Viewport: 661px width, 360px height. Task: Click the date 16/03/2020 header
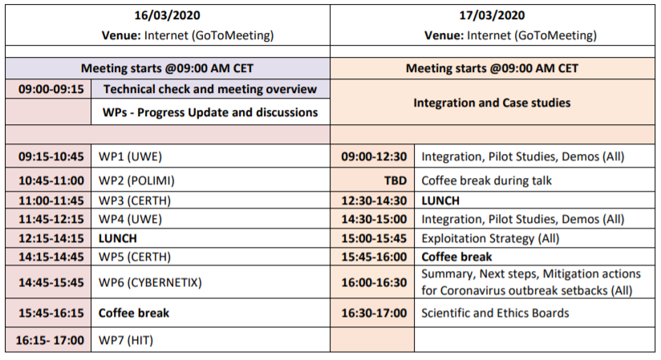[167, 15]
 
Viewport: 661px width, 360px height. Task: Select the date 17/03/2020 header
[492, 15]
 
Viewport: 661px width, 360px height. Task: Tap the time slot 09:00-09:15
[51, 89]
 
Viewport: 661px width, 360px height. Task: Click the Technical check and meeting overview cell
[210, 89]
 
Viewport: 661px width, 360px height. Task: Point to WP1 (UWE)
[130, 156]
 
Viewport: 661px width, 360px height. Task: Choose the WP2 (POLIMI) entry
[136, 180]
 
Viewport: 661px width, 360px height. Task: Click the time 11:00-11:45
[51, 200]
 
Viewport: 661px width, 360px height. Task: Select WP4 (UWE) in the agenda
[130, 219]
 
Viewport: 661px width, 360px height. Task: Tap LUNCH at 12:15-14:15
[118, 239]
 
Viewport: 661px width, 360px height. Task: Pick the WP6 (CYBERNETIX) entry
[150, 282]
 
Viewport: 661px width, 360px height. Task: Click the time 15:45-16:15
[51, 313]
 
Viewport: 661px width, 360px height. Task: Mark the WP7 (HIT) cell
[126, 340]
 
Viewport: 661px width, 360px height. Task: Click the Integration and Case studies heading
[492, 103]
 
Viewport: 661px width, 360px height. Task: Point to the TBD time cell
[395, 180]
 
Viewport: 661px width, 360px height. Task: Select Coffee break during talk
[486, 180]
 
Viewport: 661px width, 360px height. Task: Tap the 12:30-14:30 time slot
[374, 200]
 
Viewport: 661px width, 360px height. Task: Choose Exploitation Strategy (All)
[490, 239]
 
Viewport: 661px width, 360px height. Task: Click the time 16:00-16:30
[374, 282]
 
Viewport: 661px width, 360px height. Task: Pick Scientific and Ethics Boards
[495, 313]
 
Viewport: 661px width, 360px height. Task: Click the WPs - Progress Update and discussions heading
[210, 112]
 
